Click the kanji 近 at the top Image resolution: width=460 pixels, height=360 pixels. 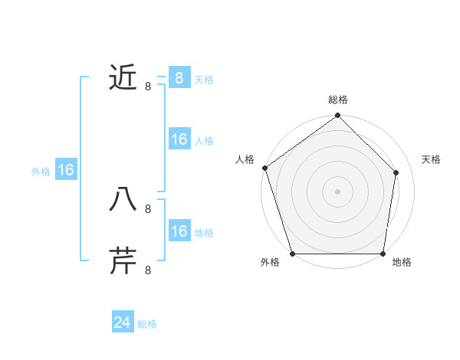click(123, 77)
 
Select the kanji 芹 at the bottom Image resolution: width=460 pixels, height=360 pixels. click(123, 260)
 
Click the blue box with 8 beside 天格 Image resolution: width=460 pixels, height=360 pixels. click(179, 77)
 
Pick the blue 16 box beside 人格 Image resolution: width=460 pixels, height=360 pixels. click(179, 139)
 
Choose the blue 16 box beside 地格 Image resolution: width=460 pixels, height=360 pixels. click(179, 231)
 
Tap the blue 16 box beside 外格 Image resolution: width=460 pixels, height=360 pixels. click(66, 170)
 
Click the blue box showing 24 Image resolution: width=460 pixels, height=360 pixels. click(122, 322)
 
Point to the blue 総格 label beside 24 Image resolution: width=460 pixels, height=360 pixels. click(147, 324)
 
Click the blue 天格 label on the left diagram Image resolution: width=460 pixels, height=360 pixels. click(204, 80)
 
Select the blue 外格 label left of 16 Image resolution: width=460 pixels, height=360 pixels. click(41, 172)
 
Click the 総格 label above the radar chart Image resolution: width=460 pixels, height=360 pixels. click(338, 100)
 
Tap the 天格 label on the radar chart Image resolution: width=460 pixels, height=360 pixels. click(431, 159)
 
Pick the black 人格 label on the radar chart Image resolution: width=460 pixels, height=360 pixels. click(245, 159)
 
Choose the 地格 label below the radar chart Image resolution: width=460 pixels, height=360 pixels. click(402, 263)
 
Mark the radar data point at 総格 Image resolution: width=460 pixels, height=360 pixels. click(338, 116)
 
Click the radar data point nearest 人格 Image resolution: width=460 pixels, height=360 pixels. click(264, 168)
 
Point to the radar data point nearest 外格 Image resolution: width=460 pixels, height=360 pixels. click(293, 254)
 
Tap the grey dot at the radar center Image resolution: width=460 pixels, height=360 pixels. click(338, 191)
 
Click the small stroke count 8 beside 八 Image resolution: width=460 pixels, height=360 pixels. click(148, 208)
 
